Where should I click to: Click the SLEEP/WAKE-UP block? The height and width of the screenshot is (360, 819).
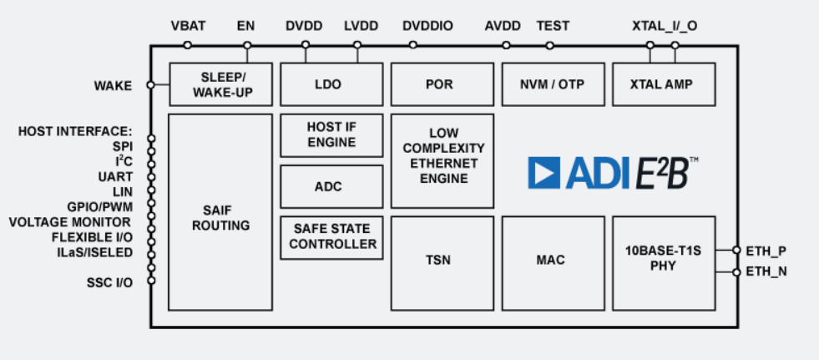[x=221, y=84]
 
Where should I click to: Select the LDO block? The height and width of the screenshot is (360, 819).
[x=330, y=84]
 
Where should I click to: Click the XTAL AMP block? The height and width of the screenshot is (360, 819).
[x=664, y=84]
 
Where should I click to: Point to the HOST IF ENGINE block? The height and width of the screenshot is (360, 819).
[x=331, y=134]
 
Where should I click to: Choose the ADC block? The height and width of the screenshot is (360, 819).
[x=331, y=186]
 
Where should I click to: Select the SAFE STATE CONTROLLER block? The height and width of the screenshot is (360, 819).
[x=331, y=237]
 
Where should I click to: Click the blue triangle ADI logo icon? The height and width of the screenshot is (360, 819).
[x=543, y=173]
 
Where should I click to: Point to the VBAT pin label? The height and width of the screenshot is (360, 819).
[x=188, y=26]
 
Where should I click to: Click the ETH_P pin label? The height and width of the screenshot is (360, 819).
[x=766, y=250]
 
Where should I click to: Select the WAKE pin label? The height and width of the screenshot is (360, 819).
[x=113, y=85]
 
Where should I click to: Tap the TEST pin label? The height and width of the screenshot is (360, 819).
[x=553, y=26]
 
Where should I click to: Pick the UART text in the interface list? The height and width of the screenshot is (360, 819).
[x=115, y=176]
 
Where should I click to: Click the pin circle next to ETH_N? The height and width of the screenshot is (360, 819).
[x=736, y=272]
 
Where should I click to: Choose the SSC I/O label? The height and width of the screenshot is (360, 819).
[x=110, y=281]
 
